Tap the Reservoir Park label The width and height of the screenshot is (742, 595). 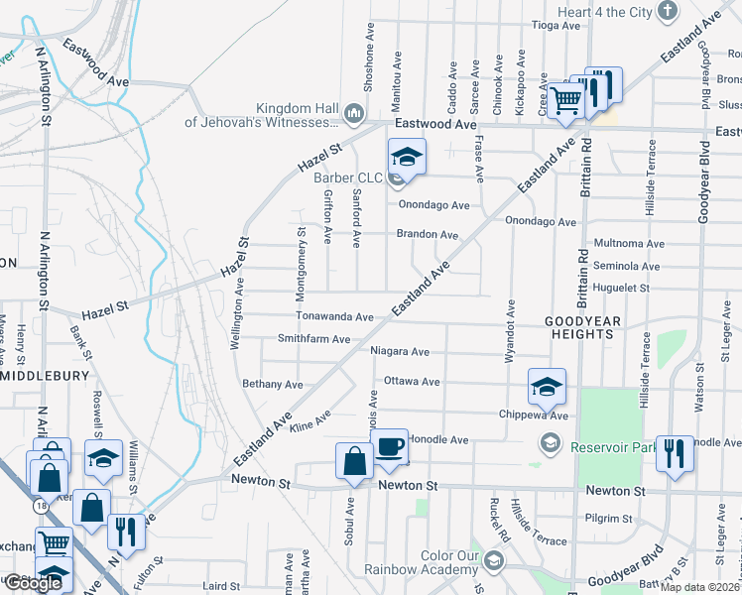(x=614, y=447)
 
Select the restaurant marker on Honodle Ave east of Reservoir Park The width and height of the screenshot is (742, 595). (x=675, y=453)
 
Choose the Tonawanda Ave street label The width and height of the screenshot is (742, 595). (x=333, y=316)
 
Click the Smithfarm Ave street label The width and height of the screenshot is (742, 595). (x=313, y=339)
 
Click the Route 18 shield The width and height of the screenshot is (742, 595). (x=42, y=505)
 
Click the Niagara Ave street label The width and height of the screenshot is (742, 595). (x=399, y=351)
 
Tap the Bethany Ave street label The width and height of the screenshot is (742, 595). (x=272, y=384)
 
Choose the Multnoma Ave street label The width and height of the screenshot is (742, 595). (x=627, y=243)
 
